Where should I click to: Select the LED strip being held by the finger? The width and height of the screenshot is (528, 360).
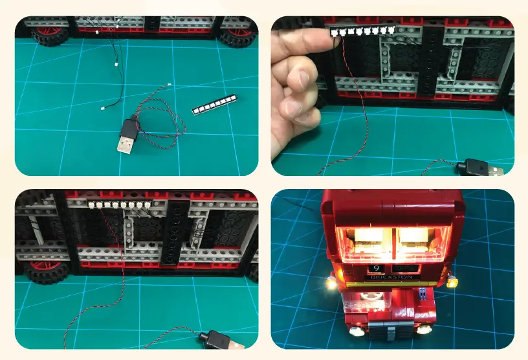point(362,30)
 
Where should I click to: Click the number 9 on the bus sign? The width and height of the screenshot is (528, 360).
point(376,268)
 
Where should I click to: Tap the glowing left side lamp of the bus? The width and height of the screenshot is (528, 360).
point(332,283)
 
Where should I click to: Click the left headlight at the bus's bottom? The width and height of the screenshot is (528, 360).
point(355,331)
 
